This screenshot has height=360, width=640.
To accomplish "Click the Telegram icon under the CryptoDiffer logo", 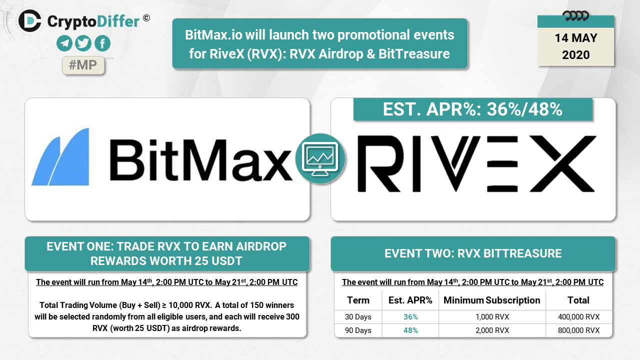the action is click(x=64, y=43).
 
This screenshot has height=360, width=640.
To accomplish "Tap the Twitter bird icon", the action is click(x=83, y=43).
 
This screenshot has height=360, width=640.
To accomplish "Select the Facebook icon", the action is click(x=102, y=43).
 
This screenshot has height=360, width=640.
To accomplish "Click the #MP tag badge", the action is click(x=83, y=65).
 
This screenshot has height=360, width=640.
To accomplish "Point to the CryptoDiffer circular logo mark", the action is click(x=30, y=21).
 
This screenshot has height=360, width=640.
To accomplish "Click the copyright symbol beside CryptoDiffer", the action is click(x=146, y=18).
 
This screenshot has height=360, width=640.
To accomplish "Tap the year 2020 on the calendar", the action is click(x=575, y=55).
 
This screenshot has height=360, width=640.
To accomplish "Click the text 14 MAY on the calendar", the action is click(x=575, y=38).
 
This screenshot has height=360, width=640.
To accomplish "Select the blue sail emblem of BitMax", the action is click(x=60, y=157).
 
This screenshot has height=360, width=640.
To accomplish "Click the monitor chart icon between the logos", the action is click(x=320, y=158).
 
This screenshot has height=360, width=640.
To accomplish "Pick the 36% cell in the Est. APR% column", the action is click(x=410, y=317).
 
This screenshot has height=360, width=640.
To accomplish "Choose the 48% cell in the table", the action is click(x=410, y=330).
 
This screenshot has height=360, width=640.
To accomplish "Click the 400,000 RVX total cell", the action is click(x=578, y=317).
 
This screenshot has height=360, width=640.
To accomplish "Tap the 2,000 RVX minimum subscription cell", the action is click(x=492, y=330).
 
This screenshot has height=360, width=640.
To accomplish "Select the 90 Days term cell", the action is click(x=358, y=330).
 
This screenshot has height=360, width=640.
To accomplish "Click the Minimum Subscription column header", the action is click(x=491, y=300).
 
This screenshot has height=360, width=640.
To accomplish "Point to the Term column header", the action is click(x=358, y=300).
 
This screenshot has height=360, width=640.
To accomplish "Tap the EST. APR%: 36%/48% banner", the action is click(x=473, y=109).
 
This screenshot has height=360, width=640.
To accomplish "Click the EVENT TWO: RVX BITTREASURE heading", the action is click(x=473, y=253).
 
